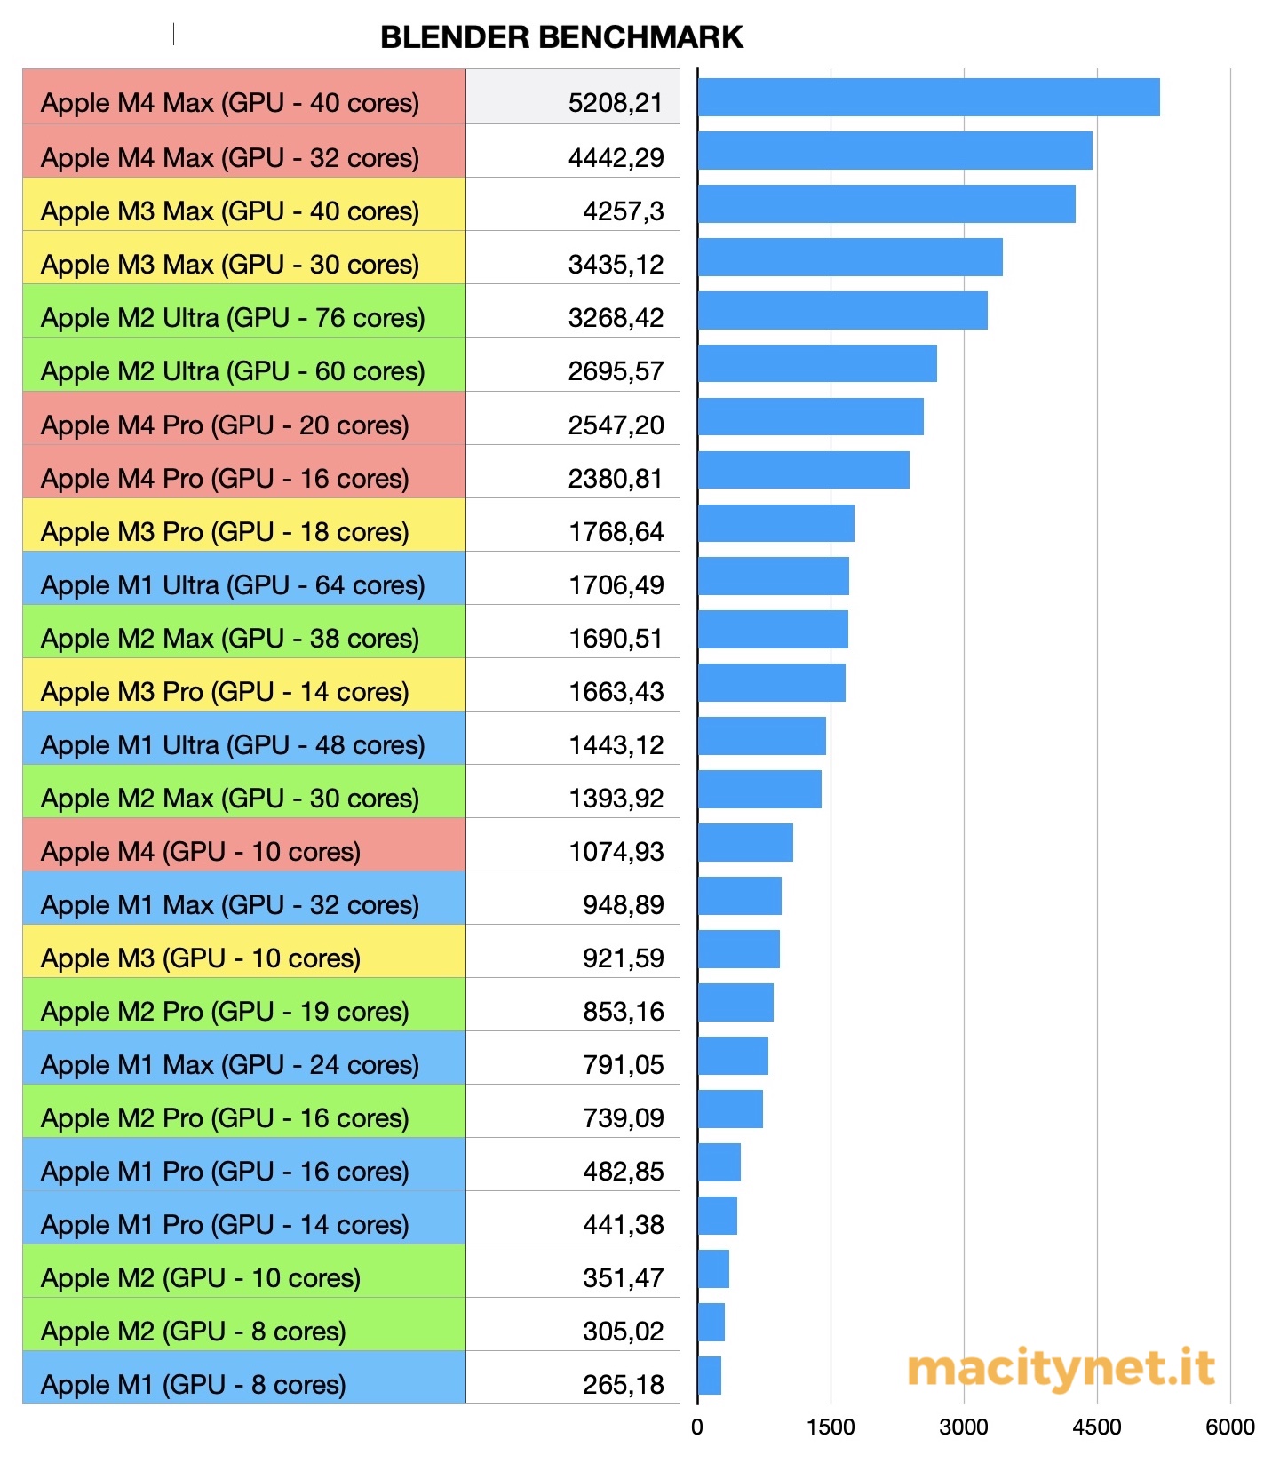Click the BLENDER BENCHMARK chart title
point(561,37)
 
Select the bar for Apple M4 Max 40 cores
point(928,98)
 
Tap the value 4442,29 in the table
point(616,157)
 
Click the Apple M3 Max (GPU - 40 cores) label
point(230,211)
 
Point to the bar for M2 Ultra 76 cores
point(842,311)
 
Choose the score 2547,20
point(616,425)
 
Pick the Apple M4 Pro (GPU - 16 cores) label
point(225,478)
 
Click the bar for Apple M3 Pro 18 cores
point(775,523)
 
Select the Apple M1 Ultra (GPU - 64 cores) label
point(233,584)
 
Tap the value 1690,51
point(616,638)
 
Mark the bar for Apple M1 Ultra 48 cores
point(761,736)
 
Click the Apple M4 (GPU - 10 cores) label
point(201,851)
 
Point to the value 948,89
point(623,904)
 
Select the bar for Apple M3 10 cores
point(738,950)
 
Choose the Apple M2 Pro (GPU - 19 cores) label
point(225,1011)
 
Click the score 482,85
point(623,1171)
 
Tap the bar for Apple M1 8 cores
point(709,1376)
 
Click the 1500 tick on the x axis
point(831,1427)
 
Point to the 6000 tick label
point(1229,1427)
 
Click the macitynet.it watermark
point(1061,1369)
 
